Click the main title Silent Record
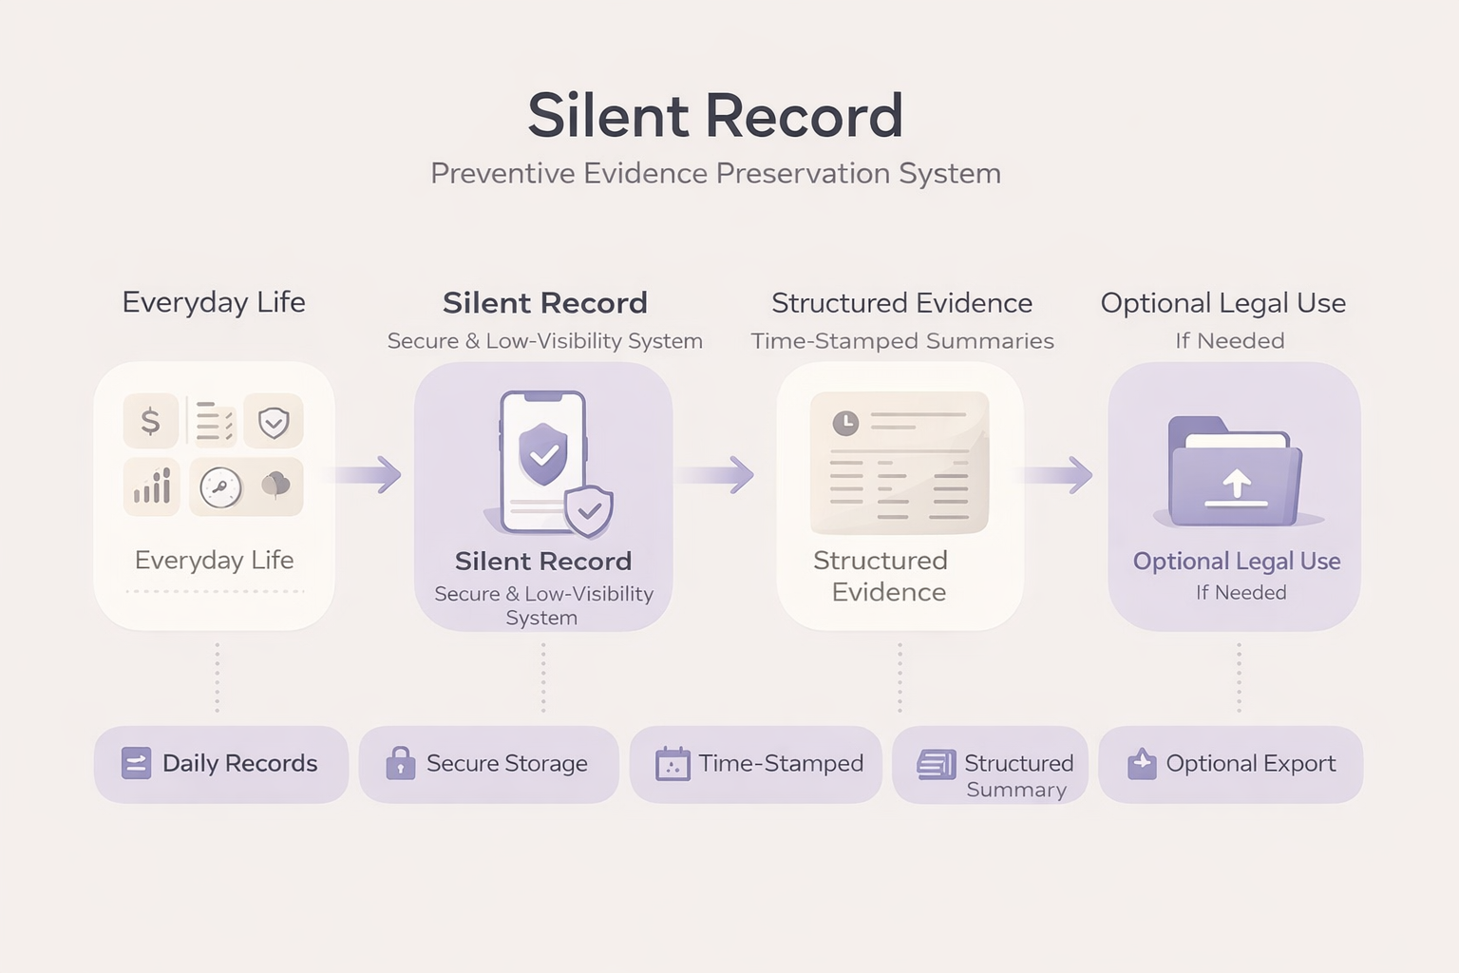pos(715,116)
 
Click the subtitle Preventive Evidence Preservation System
pos(715,174)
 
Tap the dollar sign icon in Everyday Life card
pos(150,421)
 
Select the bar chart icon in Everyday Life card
pos(152,486)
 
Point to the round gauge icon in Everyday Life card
pos(220,487)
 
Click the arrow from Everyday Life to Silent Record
pos(370,474)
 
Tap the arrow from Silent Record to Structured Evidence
pos(722,474)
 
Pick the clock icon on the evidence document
pos(845,423)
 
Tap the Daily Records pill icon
pos(136,763)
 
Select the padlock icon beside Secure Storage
pos(401,763)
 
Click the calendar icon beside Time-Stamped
pos(673,764)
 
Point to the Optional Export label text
pos(1250,763)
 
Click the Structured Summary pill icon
pos(937,764)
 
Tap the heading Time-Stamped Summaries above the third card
pos(902,341)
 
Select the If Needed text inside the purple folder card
pos(1241,593)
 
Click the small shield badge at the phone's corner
pos(589,511)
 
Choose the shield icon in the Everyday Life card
pos(274,422)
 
